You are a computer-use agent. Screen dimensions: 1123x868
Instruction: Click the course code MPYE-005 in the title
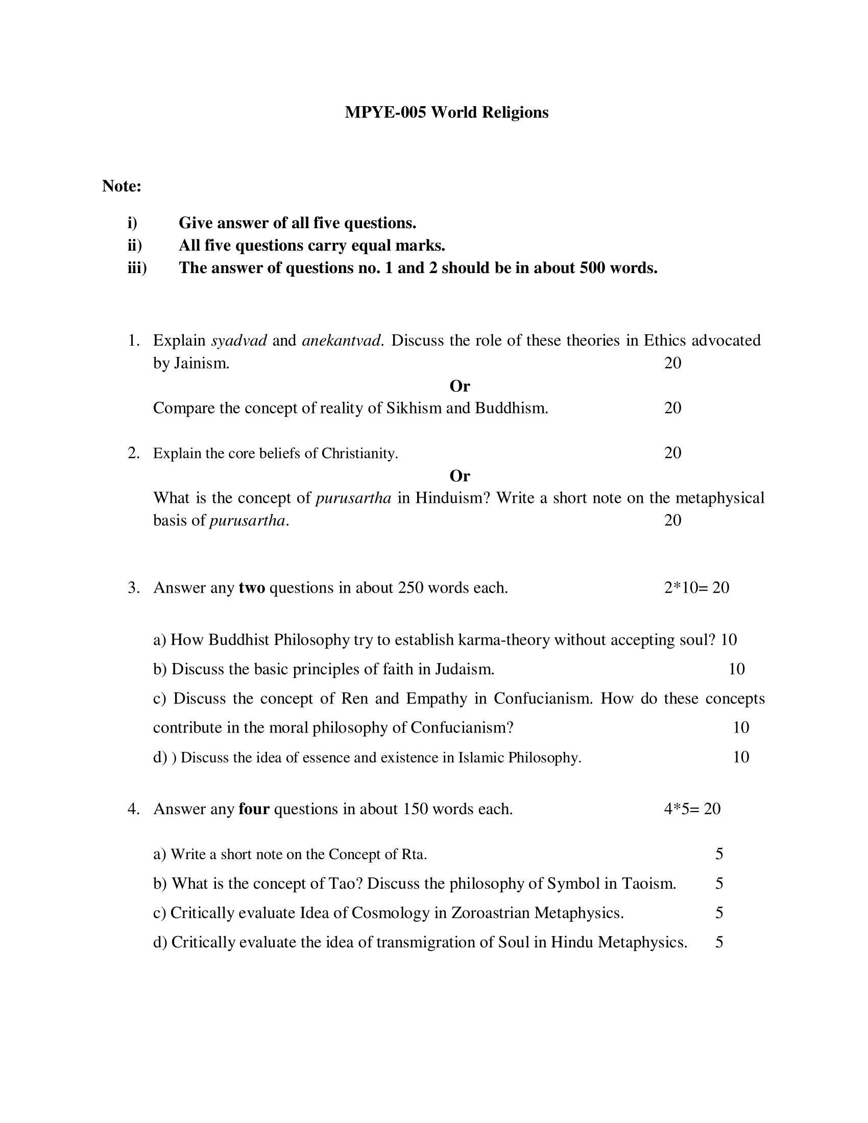point(385,112)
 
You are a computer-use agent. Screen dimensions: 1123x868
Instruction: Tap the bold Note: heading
point(122,186)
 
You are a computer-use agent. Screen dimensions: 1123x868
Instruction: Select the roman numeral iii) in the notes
point(137,268)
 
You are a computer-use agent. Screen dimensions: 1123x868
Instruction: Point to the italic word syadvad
point(239,340)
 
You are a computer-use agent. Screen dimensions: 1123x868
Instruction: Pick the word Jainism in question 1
point(201,363)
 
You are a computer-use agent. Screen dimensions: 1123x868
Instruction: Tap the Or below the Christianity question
point(460,476)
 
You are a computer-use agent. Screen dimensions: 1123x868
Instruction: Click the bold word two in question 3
point(252,587)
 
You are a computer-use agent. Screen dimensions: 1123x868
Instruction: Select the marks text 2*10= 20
point(696,587)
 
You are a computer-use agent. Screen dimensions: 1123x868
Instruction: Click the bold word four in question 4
point(254,809)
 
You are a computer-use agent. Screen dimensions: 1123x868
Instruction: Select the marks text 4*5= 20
point(692,809)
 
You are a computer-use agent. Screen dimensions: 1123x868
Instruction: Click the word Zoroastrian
point(490,913)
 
